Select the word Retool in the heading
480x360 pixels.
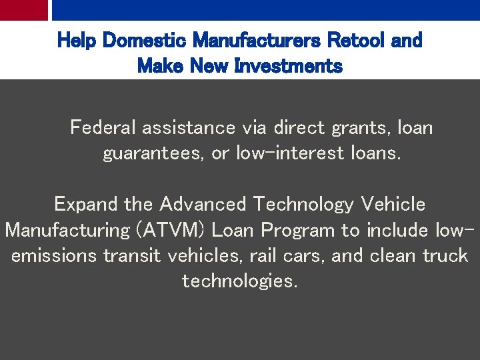pos(359,41)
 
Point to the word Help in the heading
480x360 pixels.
pos(75,41)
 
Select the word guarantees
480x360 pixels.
pos(154,153)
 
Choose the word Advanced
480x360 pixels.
pos(203,203)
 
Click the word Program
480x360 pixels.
pos(299,230)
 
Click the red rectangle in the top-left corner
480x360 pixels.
pos(24,9)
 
